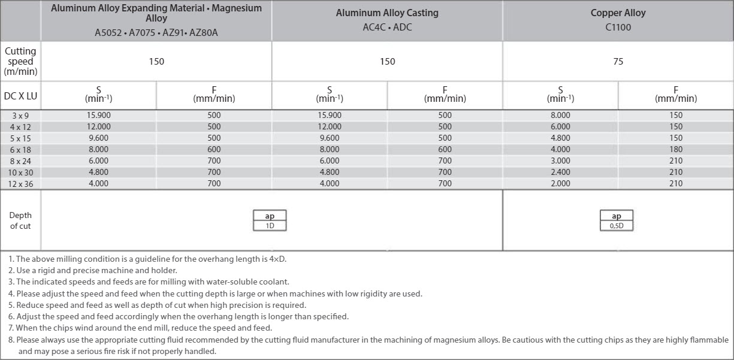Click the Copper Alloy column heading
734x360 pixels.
pos(618,13)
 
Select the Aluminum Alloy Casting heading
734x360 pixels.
pos(387,13)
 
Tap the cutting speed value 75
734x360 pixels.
pos(618,61)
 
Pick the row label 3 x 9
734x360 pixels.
pos(21,116)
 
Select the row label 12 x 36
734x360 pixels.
pos(21,184)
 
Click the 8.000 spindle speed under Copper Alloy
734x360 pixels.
pos(560,115)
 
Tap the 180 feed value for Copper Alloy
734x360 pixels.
pos(676,149)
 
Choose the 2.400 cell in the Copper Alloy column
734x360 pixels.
pos(560,172)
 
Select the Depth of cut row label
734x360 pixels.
pos(21,220)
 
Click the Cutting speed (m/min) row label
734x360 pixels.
pos(21,61)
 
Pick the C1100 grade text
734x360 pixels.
pos(618,27)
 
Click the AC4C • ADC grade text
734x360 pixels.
pos(387,27)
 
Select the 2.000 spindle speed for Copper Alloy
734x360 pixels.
pos(560,183)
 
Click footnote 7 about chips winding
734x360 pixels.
pos(140,328)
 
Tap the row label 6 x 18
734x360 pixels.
pos(21,150)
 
